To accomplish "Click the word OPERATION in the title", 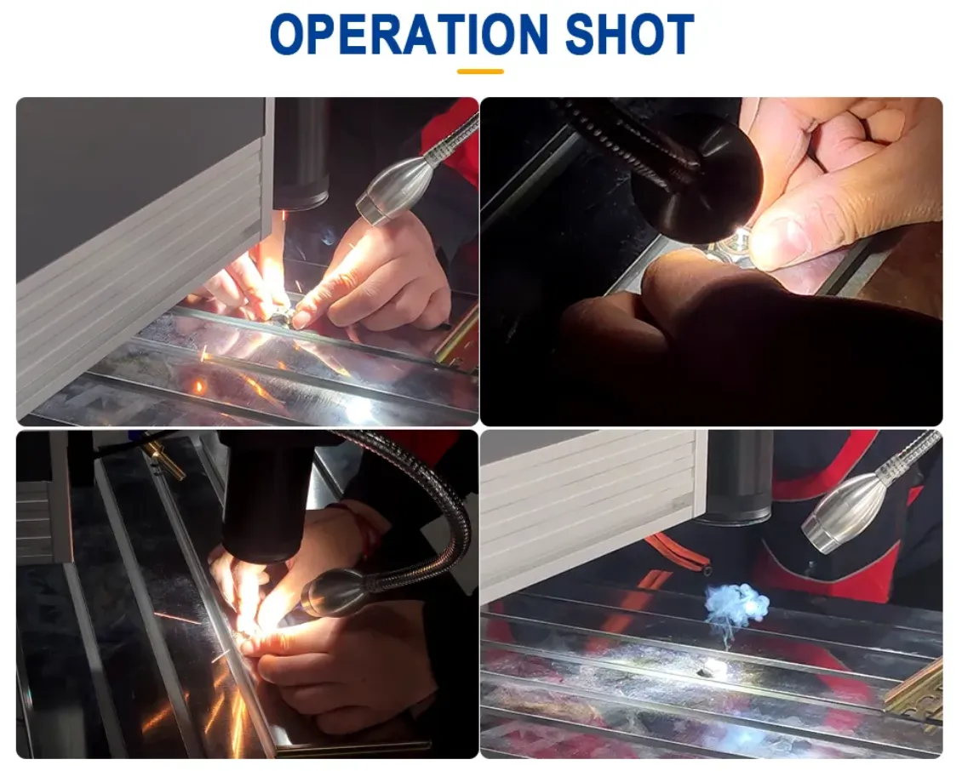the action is [409, 34].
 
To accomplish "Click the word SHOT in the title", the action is [629, 34].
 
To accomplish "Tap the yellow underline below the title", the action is [480, 71].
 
